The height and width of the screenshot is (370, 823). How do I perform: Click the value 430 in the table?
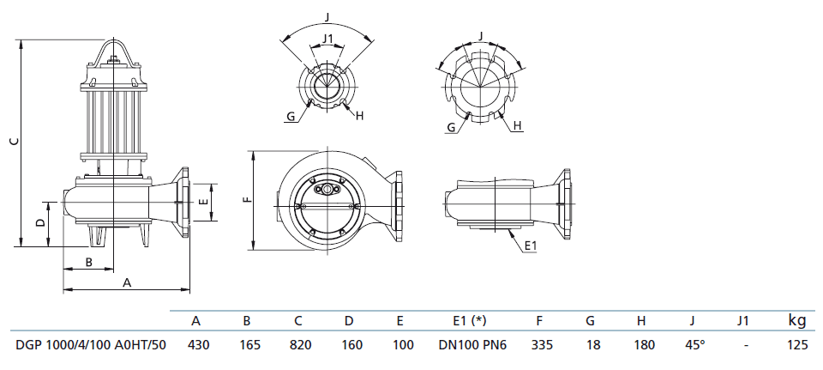[x=196, y=345]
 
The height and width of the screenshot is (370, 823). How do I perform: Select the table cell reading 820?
[x=298, y=345]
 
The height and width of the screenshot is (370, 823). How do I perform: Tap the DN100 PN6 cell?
[x=469, y=345]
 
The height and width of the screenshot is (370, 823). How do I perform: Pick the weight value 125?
[x=797, y=345]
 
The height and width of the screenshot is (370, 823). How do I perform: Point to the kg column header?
[x=797, y=321]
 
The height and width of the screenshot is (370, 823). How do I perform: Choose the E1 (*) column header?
[x=469, y=322]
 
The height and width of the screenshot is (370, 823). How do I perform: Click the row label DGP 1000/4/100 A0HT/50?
[x=91, y=345]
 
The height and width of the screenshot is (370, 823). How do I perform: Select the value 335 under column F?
[x=539, y=345]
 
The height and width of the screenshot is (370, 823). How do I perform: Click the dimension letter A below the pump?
[x=127, y=282]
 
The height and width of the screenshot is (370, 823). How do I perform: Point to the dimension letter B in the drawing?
[x=88, y=262]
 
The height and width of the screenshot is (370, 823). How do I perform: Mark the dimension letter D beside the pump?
[x=40, y=222]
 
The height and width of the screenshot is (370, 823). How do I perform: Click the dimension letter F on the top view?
[x=246, y=201]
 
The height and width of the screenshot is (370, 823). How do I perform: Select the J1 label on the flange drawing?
[x=327, y=38]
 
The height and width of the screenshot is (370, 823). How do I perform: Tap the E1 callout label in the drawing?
[x=530, y=246]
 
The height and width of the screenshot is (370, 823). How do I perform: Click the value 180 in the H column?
[x=641, y=345]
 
